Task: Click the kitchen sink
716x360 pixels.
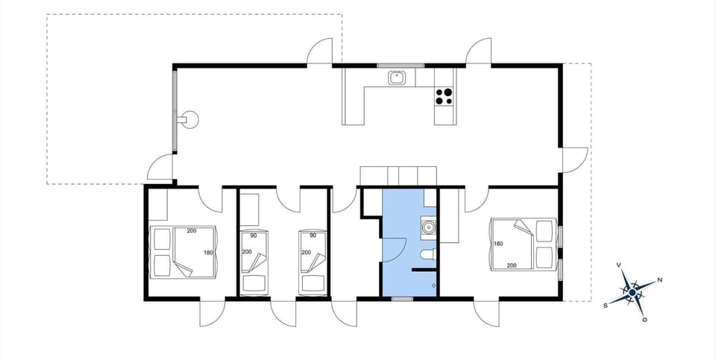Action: pos(396,77)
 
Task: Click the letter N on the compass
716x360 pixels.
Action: pos(660,281)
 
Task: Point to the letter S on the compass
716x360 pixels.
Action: pos(606,305)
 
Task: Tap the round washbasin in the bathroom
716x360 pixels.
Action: pos(428,227)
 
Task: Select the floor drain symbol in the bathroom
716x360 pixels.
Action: pos(433,285)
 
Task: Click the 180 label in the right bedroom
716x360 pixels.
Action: pos(497,244)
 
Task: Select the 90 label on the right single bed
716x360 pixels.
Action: pos(313,236)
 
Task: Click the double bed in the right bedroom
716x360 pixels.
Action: pos(522,244)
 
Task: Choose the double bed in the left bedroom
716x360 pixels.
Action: pos(183,252)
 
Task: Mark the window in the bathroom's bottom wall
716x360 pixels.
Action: pos(403,298)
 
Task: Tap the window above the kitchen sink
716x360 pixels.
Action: pos(401,66)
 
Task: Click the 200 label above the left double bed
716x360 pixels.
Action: pos(192,231)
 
